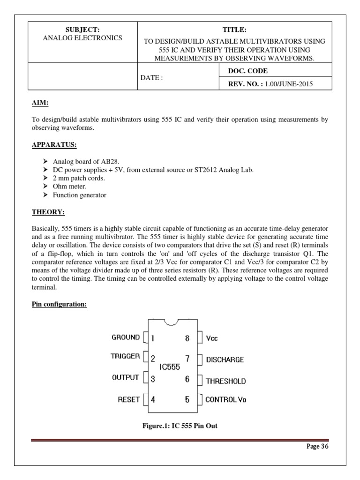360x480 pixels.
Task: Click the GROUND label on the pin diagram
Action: pyautogui.click(x=125, y=337)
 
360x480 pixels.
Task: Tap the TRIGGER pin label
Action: pyautogui.click(x=125, y=356)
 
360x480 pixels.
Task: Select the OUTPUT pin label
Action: pyautogui.click(x=125, y=377)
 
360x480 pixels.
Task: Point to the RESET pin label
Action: pyautogui.click(x=128, y=399)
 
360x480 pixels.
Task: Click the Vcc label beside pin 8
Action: pyautogui.click(x=212, y=338)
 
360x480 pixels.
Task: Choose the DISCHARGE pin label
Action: pyautogui.click(x=225, y=360)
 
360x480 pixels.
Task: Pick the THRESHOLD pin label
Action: pyautogui.click(x=225, y=381)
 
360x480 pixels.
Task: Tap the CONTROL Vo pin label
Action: pyautogui.click(x=226, y=400)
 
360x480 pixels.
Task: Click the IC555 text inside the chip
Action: pyautogui.click(x=169, y=368)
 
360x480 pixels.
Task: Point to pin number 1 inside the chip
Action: pyautogui.click(x=153, y=337)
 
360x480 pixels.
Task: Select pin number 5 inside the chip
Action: pyautogui.click(x=187, y=399)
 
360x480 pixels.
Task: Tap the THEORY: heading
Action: pyautogui.click(x=48, y=212)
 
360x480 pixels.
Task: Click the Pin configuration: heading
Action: pyautogui.click(x=59, y=304)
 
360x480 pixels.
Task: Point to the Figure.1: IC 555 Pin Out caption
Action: pyautogui.click(x=180, y=426)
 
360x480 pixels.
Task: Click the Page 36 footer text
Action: pyautogui.click(x=318, y=446)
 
